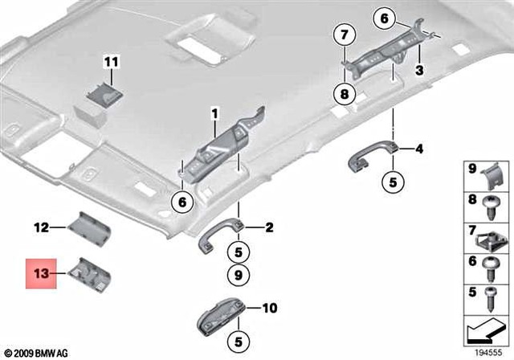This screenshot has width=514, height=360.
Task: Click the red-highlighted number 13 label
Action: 40,273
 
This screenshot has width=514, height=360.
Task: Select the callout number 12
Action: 40,227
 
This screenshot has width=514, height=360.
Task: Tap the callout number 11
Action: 110,61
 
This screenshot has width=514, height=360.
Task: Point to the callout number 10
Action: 269,307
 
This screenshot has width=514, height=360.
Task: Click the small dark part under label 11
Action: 102,97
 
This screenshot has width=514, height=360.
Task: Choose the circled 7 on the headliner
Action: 343,35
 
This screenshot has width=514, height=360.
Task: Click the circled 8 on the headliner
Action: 343,93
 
